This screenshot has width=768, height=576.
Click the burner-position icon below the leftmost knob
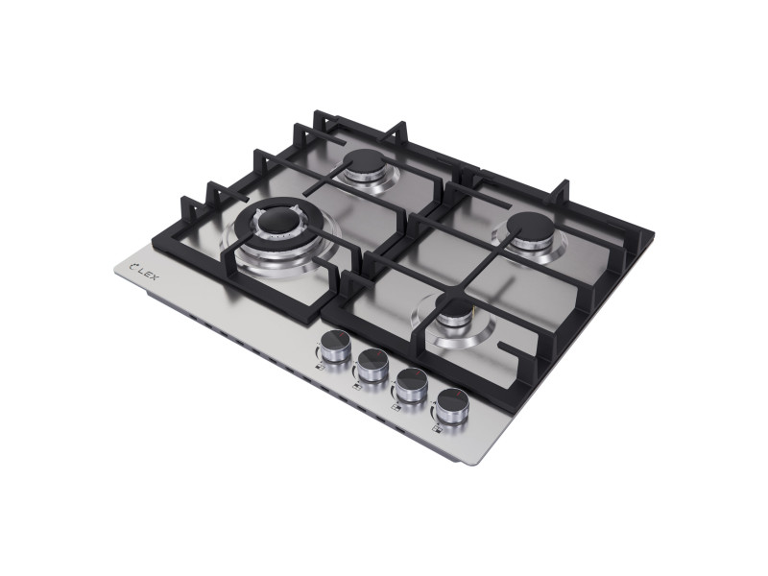(x=320, y=368)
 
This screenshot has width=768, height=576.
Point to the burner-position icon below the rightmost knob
(x=436, y=429)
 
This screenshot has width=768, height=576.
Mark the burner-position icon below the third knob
(x=395, y=407)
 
